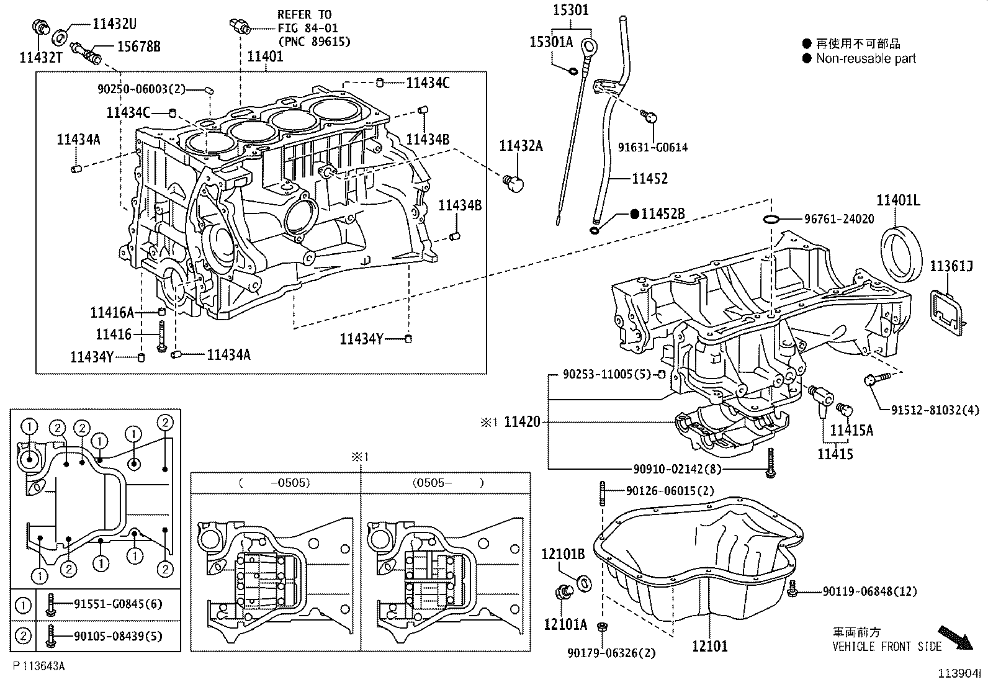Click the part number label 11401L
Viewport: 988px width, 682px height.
[898, 200]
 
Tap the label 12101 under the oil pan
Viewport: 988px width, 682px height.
[710, 646]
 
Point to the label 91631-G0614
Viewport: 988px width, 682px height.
[652, 148]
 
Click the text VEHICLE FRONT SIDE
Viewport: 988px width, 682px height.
[887, 647]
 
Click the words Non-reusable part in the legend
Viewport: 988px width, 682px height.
[866, 59]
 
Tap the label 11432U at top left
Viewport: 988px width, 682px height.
[114, 24]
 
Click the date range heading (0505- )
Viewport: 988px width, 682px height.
[446, 483]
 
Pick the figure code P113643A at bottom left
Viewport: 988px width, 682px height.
[39, 666]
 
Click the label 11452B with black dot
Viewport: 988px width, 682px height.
[662, 214]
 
